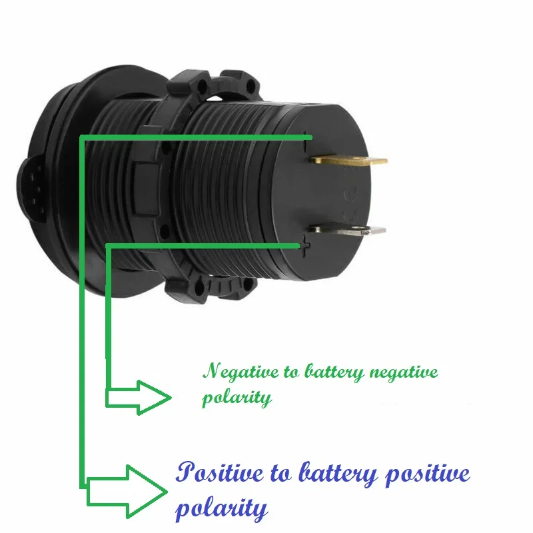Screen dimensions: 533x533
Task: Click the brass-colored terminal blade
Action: (x=350, y=160)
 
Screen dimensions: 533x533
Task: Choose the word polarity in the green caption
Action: (x=237, y=398)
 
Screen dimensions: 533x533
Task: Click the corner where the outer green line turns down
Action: (x=81, y=138)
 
